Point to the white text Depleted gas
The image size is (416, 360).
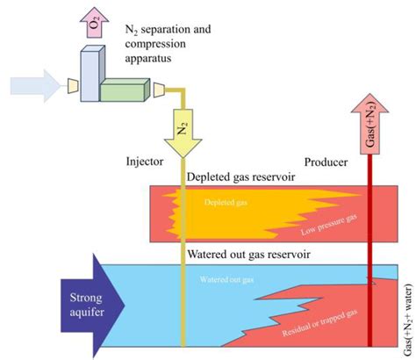click(x=227, y=203)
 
